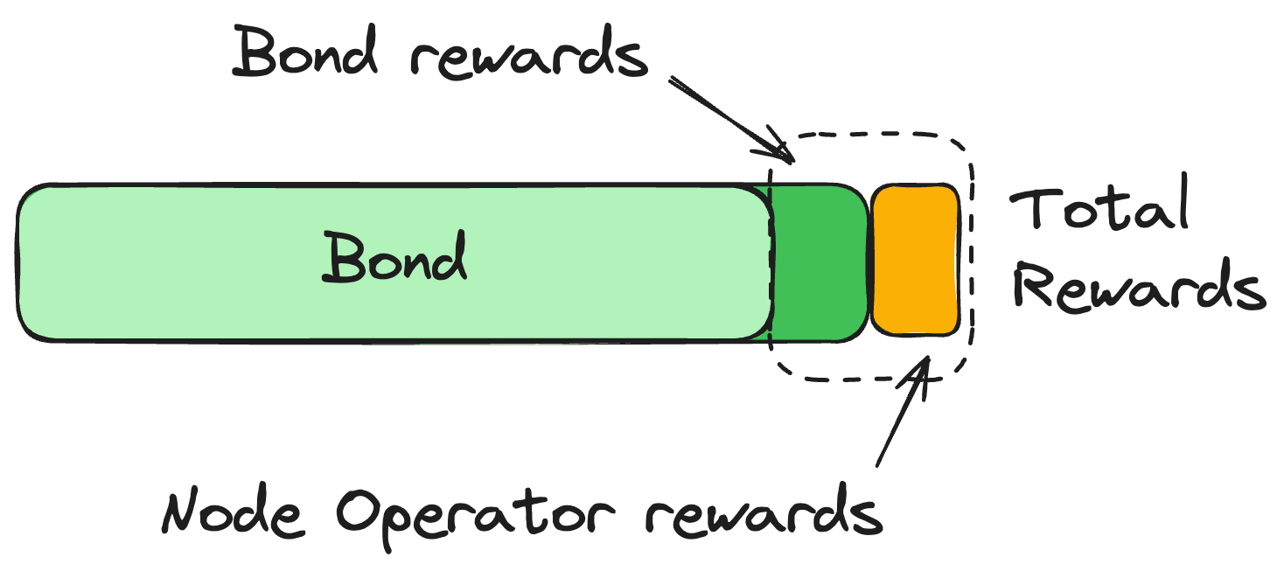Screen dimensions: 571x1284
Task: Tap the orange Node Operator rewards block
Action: (916, 260)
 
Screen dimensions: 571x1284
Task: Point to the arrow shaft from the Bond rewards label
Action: (726, 114)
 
